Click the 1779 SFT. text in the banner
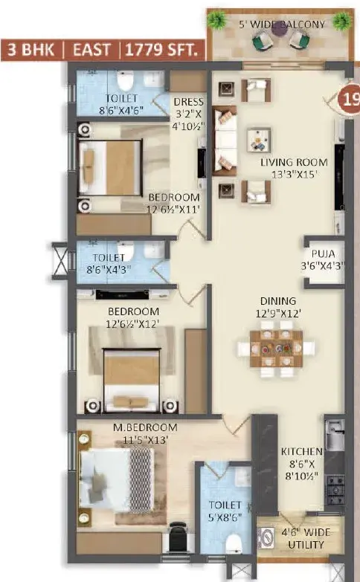pos(161,50)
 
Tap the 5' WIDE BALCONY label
pos(282,25)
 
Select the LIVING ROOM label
pos(294,162)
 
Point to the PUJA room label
pos(324,254)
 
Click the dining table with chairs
pos(276,349)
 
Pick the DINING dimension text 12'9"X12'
pos(278,314)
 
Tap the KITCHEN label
pos(301,452)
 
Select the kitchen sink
pos(335,435)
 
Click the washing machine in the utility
pos(266,538)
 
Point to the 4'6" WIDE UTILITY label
pos(306,539)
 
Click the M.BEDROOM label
pos(145,427)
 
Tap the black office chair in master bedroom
pos(178,537)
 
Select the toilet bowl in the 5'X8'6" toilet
pos(234,543)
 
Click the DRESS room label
pos(189,101)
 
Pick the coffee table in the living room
pos(259,140)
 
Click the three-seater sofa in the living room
pos(225,140)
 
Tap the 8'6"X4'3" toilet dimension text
pos(109,270)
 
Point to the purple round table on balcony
pos(280,28)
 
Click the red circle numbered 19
pos(349,100)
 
